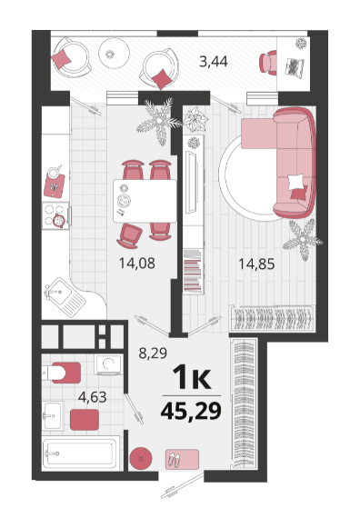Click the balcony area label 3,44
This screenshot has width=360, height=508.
(214, 61)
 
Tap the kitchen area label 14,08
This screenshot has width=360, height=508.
(136, 263)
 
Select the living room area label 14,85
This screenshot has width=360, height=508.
(256, 264)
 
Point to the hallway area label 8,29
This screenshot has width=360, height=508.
(153, 353)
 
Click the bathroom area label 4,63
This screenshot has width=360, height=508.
(93, 397)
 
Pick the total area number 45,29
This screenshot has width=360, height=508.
(191, 411)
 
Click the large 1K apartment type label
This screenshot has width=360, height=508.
(192, 377)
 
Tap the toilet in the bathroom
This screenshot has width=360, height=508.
(62, 373)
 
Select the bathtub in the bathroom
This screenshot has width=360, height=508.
(81, 453)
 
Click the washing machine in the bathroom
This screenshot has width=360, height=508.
(108, 364)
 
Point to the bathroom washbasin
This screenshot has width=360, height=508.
(53, 415)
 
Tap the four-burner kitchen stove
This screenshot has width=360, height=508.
(56, 215)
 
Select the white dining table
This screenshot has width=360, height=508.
(145, 201)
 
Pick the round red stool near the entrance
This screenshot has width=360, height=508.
(141, 458)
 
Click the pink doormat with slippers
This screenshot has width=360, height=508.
(182, 459)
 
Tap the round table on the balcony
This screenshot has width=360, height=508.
(114, 54)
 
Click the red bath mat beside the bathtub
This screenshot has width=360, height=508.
(85, 420)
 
